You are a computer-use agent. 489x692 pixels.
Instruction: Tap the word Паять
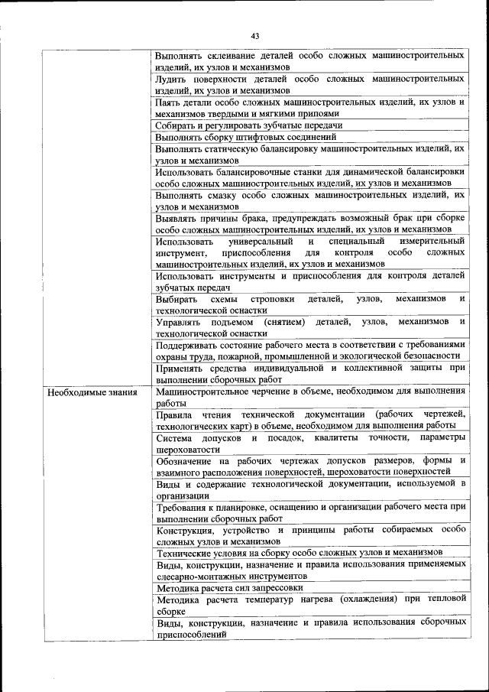pyautogui.click(x=168, y=102)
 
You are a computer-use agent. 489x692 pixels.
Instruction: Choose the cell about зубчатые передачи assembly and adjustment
pyautogui.click(x=248, y=125)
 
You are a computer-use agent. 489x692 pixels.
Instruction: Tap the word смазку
pyautogui.click(x=221, y=194)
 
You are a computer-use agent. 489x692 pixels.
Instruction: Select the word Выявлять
pyautogui.click(x=176, y=217)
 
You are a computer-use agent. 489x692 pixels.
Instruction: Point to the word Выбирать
pyautogui.click(x=176, y=299)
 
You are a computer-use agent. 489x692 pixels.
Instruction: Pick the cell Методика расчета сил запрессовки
pyautogui.click(x=229, y=588)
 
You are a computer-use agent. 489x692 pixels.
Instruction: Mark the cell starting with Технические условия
pyautogui.click(x=298, y=552)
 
